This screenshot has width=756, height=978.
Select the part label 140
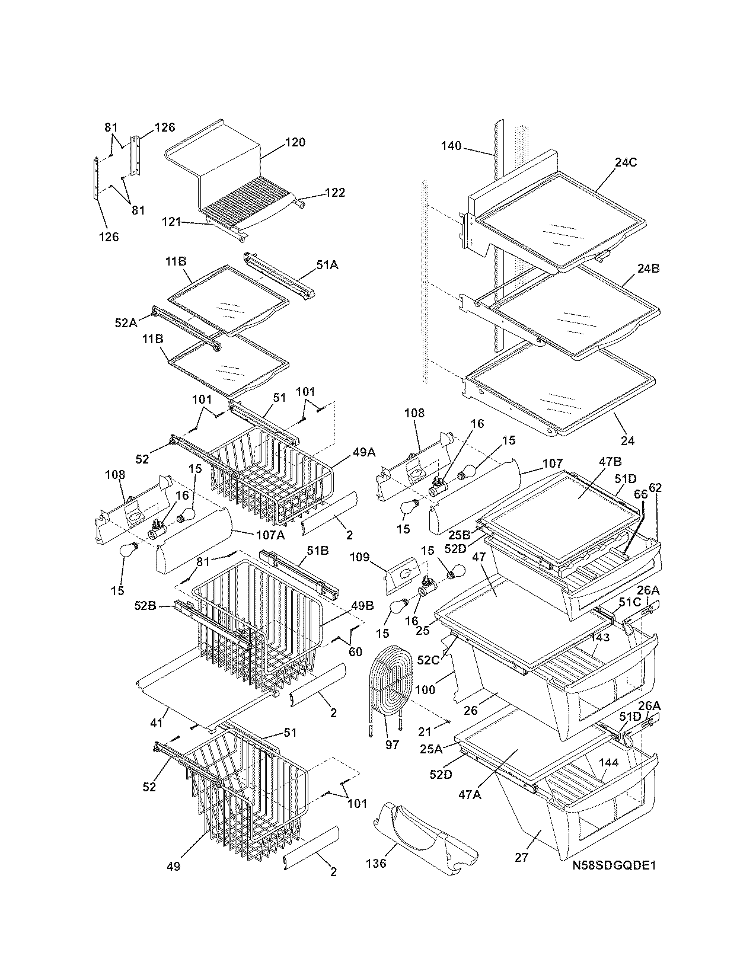[451, 146]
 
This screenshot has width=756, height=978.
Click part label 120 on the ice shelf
[295, 142]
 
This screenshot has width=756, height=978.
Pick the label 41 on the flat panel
[157, 723]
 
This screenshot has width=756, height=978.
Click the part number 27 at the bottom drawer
[521, 857]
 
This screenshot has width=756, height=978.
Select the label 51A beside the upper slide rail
[327, 266]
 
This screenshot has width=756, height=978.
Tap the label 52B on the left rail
[145, 606]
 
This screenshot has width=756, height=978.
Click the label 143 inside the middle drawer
[600, 638]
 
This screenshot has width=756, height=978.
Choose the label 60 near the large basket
[355, 652]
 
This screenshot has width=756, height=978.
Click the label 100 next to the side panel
[425, 689]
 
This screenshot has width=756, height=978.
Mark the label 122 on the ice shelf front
[334, 193]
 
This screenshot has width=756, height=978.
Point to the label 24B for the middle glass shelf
[648, 268]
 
